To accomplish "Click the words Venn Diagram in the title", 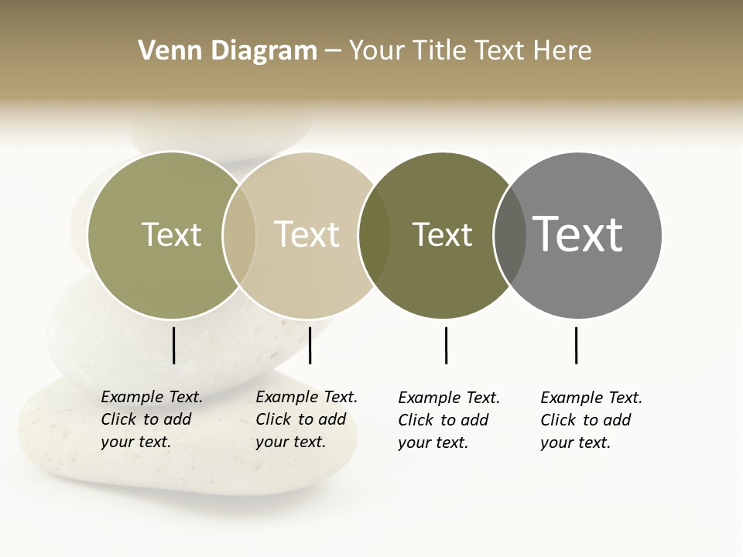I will click(x=228, y=51).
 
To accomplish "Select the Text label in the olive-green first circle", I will click(x=171, y=234).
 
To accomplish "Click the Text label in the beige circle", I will click(x=307, y=234).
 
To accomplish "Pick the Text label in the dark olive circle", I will click(x=442, y=234).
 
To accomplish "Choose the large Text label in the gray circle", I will click(x=577, y=234).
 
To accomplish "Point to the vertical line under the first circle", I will click(x=173, y=345).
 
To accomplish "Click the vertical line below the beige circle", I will click(x=310, y=345).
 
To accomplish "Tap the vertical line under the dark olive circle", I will click(x=446, y=345).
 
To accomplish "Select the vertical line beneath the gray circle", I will click(x=576, y=345).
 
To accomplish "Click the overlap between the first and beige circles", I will click(x=239, y=235).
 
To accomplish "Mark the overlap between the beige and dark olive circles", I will click(x=375, y=235).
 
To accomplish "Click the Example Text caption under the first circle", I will click(x=152, y=419).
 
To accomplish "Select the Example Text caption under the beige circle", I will click(x=306, y=419).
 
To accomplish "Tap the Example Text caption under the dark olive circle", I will click(x=449, y=420).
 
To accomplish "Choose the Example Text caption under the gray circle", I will click(x=591, y=420).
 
